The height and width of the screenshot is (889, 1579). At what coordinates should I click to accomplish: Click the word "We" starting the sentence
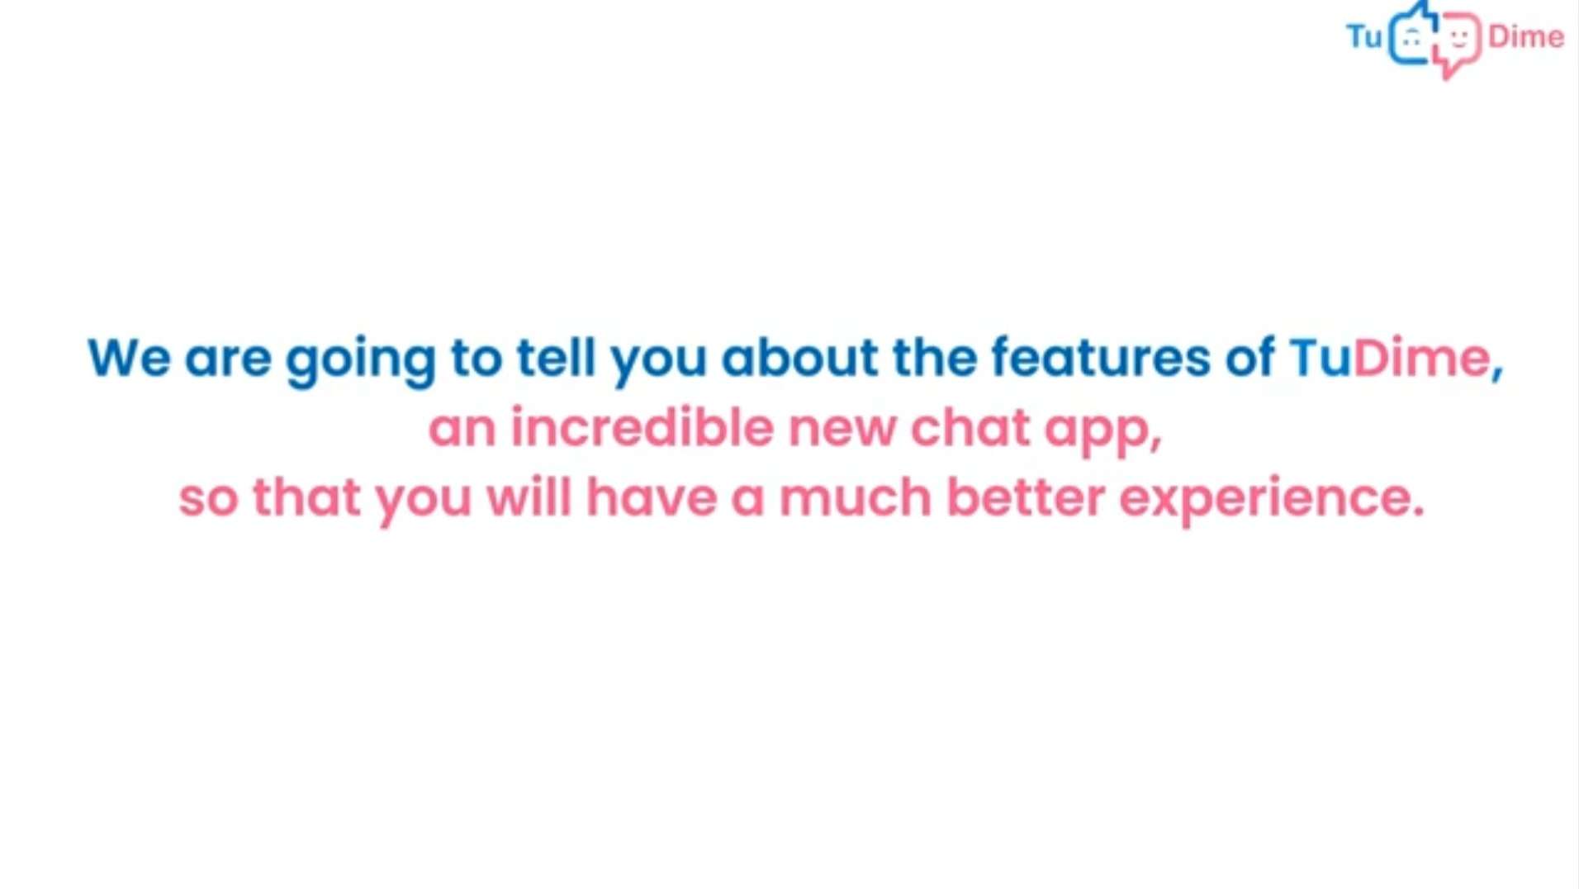[129, 358]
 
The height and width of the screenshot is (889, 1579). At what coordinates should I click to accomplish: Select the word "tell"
[556, 357]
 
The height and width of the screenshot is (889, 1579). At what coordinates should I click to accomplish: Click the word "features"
[1100, 357]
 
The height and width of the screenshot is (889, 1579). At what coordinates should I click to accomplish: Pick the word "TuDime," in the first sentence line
[1396, 359]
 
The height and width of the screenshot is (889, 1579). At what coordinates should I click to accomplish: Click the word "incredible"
[642, 427]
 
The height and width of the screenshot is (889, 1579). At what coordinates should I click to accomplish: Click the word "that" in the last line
[306, 497]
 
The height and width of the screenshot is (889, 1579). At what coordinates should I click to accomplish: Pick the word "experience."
[1272, 501]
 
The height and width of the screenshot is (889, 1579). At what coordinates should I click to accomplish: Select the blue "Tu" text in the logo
[1363, 36]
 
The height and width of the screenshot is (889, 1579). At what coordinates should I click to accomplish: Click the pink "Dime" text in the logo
[1525, 36]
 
